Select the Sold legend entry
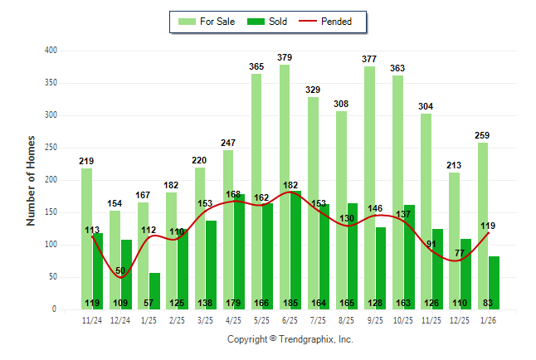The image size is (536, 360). [x=268, y=22]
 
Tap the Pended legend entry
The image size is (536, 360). [x=333, y=22]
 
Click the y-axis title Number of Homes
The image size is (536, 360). [x=32, y=180]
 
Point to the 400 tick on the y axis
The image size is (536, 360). [x=51, y=51]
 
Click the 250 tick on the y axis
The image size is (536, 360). [x=51, y=148]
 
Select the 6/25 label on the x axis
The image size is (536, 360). [x=290, y=319]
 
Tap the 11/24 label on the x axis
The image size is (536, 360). [x=92, y=319]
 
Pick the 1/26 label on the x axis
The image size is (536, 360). [x=488, y=319]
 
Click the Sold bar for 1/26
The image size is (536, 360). [x=494, y=283]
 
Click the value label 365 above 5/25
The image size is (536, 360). [x=256, y=66]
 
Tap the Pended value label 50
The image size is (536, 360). [x=120, y=271]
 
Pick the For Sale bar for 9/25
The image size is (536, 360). [x=369, y=187]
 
